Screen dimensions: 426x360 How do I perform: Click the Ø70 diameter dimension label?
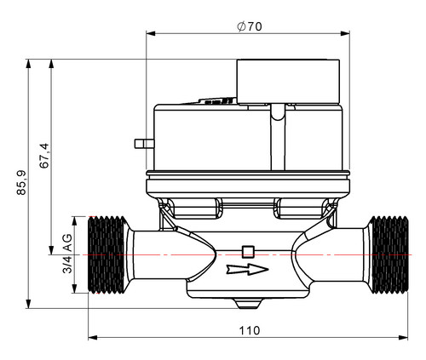pos(250,26)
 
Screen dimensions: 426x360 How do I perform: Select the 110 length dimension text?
pos(250,331)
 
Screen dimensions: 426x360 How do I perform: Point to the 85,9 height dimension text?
pos(21,182)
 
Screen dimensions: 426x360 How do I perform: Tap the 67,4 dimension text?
pos(44,156)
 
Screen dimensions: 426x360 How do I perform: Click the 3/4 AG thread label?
pos(67,254)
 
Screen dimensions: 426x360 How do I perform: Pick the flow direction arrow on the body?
pos(247,270)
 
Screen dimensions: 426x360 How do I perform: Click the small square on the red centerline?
pos(248,252)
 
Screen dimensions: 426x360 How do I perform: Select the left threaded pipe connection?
pos(106,254)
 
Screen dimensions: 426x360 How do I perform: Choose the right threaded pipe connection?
pos(389,254)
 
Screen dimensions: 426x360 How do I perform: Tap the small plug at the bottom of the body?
pos(248,304)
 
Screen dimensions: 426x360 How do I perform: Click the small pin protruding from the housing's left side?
pos(144,144)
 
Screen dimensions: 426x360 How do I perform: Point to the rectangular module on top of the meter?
pos(288,82)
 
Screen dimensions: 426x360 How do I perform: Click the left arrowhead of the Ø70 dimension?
pos(151,33)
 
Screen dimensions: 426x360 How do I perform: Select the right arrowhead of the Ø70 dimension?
pos(345,33)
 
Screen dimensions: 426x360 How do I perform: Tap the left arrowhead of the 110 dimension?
pos(93,338)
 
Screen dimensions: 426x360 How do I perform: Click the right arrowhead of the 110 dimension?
pos(403,338)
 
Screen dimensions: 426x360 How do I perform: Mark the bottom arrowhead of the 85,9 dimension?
pos(28,304)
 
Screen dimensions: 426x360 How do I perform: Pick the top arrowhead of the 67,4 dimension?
pos(51,64)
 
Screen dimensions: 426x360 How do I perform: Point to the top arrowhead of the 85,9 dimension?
pos(28,64)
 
